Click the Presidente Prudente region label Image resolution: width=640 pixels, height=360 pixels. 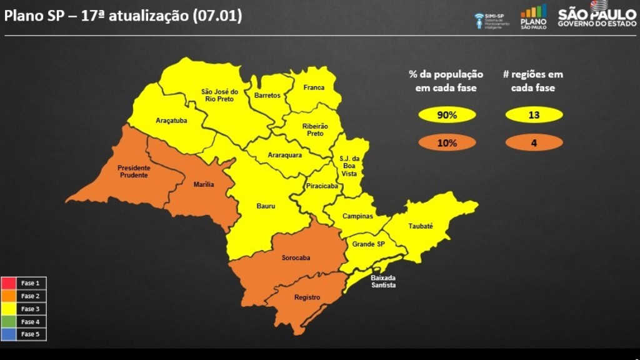pos(134,171)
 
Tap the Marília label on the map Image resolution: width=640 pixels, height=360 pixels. pos(204,184)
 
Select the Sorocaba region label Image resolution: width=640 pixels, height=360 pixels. pos(296,257)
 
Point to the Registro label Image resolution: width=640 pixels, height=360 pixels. pos(307,297)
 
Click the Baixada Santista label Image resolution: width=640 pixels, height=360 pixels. pos(383,281)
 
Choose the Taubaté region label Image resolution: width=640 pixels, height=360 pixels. pos(420,226)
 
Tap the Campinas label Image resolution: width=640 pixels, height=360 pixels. pos(357,216)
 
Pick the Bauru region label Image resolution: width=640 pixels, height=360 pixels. pos(266,206)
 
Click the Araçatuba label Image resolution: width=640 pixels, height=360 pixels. pos(171,121)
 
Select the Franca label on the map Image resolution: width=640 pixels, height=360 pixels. pos(314,87)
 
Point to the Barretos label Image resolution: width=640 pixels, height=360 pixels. pos(267,95)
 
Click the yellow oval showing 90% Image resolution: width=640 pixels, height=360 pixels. pos(447,115)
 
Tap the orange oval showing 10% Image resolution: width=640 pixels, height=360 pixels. pos(447,142)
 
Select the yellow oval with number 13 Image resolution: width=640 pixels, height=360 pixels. pos(534,115)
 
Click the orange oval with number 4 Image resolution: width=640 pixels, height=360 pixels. pos(534,142)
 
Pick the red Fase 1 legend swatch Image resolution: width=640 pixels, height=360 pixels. pos(9,283)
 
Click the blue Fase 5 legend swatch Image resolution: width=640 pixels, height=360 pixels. pos(9,334)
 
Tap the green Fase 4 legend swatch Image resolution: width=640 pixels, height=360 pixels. pos(9,321)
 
